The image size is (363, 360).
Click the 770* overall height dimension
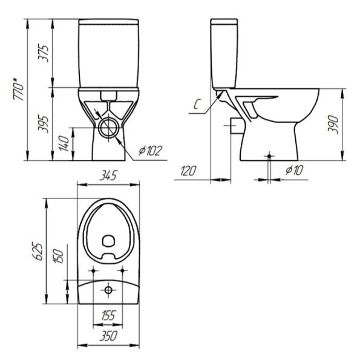tap(19, 89)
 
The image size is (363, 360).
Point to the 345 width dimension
tap(109, 175)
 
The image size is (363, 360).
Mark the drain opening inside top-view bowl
tap(109, 240)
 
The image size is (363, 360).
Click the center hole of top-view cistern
tap(109, 291)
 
